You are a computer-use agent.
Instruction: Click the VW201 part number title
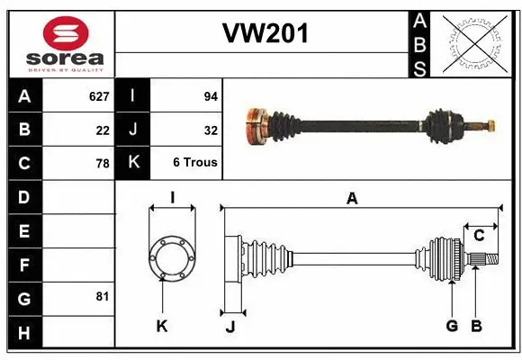coord(265,34)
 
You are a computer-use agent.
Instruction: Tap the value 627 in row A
coord(98,96)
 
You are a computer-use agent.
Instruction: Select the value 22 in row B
coord(103,130)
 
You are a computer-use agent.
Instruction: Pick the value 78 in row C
coord(102,164)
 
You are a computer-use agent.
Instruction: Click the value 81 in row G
coord(102,295)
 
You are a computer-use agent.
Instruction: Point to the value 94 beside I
coord(211,96)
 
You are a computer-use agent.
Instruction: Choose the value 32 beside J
coord(211,130)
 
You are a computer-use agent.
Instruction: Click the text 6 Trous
coord(195,164)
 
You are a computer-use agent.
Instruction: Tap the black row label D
coord(23,196)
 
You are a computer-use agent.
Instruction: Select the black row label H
coord(23,333)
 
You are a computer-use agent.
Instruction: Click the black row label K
coord(133,163)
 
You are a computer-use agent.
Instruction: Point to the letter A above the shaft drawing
coord(352,198)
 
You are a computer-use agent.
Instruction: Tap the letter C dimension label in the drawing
coord(479,236)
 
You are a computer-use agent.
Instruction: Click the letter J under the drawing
coord(229,327)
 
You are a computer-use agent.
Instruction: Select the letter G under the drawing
coord(452,326)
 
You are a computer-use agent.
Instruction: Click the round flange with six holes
coord(171,256)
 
